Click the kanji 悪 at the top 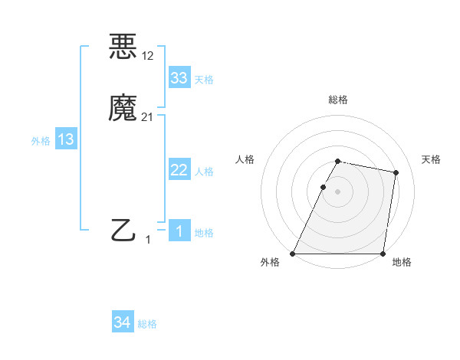click(123, 47)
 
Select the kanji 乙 click(123, 230)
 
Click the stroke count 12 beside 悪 click(148, 55)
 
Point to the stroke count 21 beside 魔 click(148, 117)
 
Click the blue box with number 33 click(179, 78)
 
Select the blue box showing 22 click(179, 170)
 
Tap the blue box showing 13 click(66, 139)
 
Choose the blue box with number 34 click(123, 322)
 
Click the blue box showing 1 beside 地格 click(179, 231)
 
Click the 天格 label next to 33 click(204, 80)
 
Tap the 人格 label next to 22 click(204, 172)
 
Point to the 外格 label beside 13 click(41, 141)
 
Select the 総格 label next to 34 click(147, 324)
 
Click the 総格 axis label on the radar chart click(337, 100)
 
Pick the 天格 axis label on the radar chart click(432, 159)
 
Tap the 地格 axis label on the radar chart click(402, 263)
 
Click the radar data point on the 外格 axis click(293, 254)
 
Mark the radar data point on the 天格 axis click(396, 172)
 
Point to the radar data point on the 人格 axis click(323, 187)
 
